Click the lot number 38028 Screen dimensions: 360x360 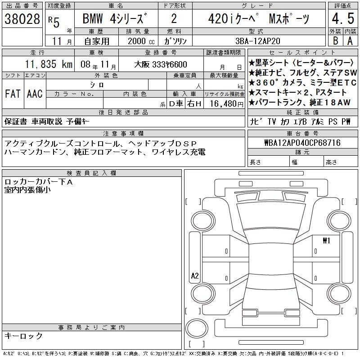[22, 19]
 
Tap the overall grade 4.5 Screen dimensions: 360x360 [343, 18]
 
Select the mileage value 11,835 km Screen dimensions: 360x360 [49, 64]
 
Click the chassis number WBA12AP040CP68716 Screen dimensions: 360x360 [302, 143]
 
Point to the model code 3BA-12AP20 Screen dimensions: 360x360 [258, 41]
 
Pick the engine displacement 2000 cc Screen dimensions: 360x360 [141, 41]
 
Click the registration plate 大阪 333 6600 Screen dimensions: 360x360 [161, 64]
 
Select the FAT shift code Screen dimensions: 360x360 [13, 94]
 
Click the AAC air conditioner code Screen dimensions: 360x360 [35, 94]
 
